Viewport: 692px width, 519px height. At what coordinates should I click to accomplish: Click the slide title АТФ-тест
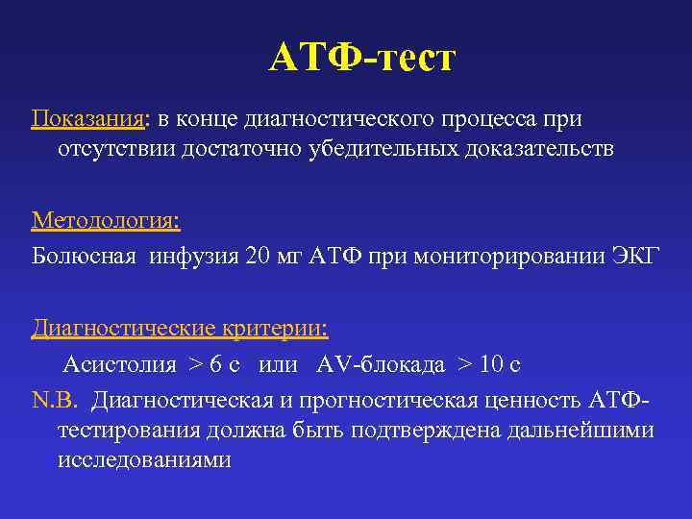click(360, 59)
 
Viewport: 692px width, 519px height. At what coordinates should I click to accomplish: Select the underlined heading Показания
click(87, 120)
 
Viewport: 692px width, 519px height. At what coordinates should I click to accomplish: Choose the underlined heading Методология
click(105, 221)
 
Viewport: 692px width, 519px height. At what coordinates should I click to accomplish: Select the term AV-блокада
click(380, 364)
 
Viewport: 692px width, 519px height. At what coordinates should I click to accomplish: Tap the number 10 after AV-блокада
click(492, 364)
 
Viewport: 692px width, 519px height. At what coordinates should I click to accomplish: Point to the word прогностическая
click(377, 399)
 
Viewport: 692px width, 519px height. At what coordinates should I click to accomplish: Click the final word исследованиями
click(144, 459)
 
